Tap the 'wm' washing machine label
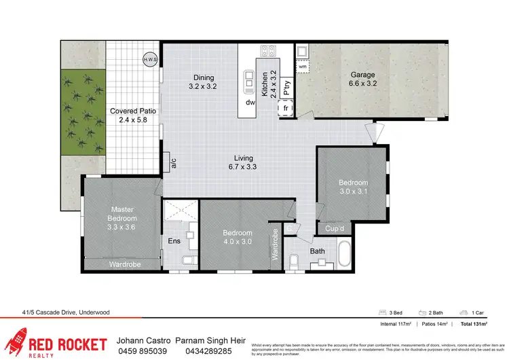click(303, 66)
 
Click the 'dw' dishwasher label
click(250, 103)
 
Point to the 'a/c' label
click(174, 162)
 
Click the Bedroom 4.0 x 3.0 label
click(238, 237)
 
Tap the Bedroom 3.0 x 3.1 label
click(354, 187)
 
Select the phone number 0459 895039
click(143, 350)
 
